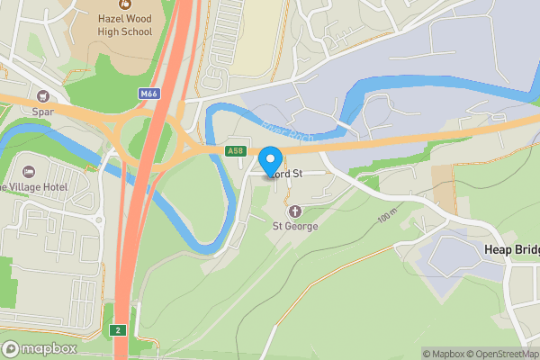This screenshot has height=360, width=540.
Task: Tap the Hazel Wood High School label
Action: tap(125, 24)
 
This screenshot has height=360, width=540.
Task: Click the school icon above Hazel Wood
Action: tap(125, 4)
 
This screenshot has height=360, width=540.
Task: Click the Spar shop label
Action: tap(41, 113)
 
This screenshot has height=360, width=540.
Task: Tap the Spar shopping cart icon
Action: tap(41, 96)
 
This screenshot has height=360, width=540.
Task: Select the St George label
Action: tap(295, 226)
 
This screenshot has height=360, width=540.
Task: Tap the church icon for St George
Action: tap(294, 211)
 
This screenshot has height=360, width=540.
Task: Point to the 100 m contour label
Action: tap(386, 218)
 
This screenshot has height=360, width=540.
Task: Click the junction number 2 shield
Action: tap(118, 330)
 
